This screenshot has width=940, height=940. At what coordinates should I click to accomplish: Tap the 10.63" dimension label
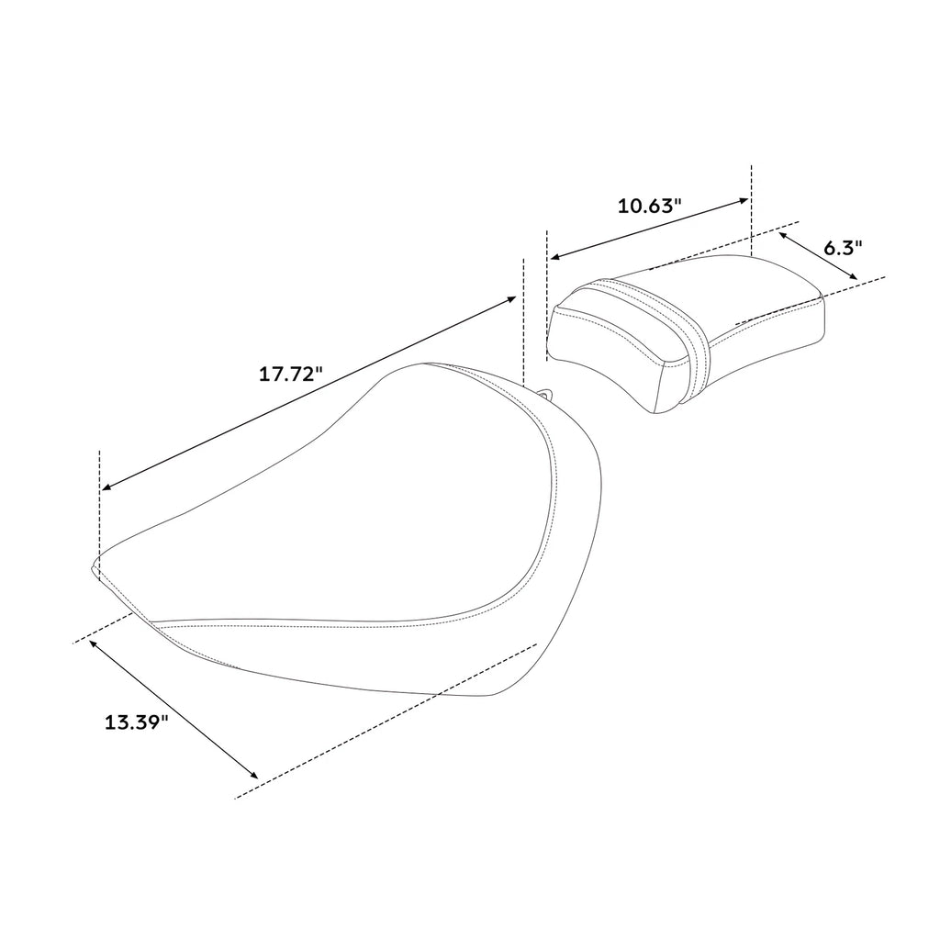click(650, 207)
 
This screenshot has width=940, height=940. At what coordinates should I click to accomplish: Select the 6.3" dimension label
click(843, 247)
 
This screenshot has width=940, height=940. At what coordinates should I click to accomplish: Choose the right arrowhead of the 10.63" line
click(744, 201)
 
